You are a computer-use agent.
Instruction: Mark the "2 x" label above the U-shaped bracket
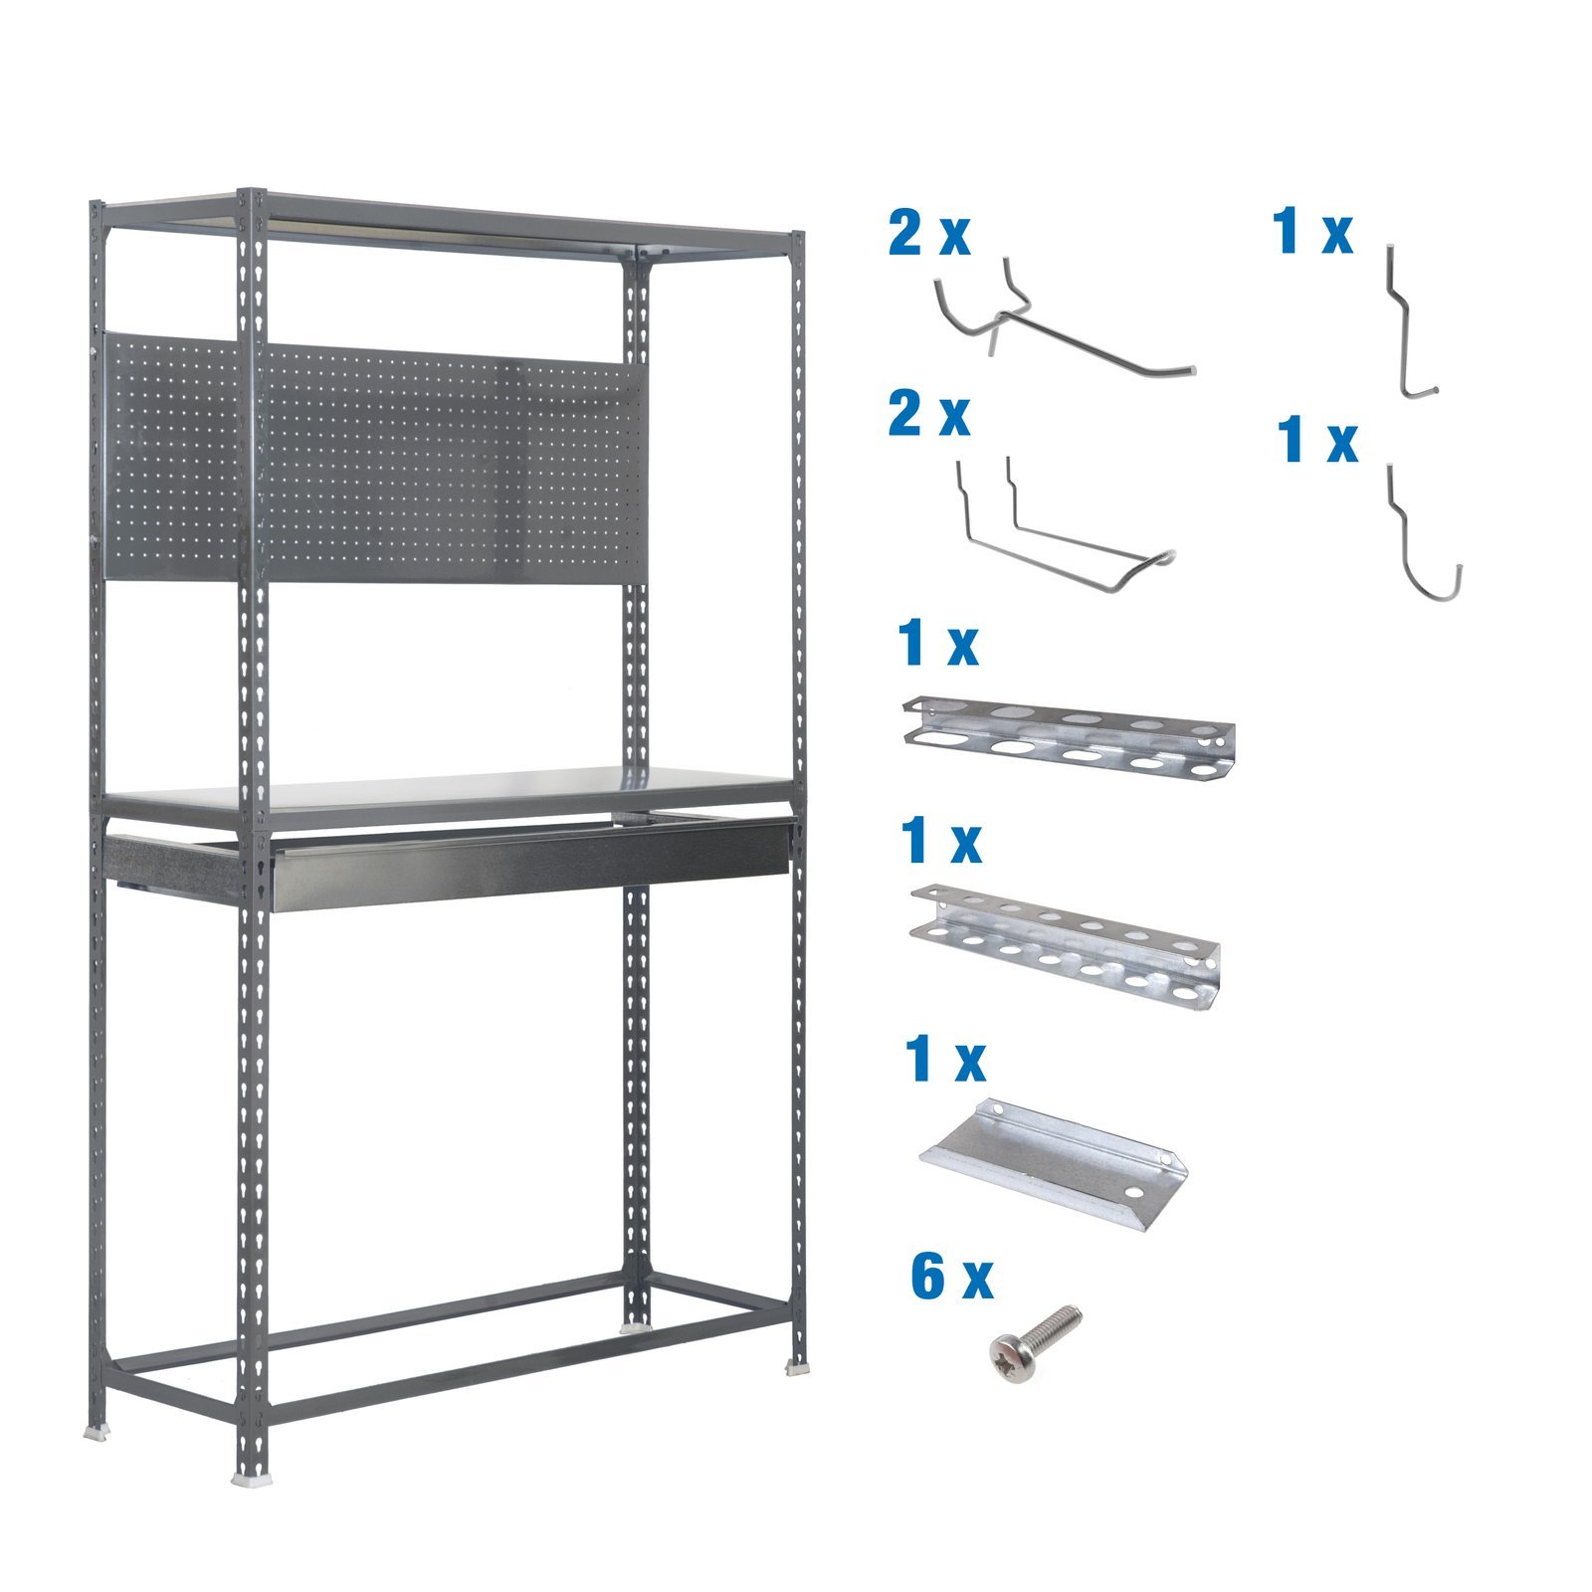click(928, 415)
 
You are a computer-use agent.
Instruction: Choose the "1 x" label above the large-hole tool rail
click(937, 644)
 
